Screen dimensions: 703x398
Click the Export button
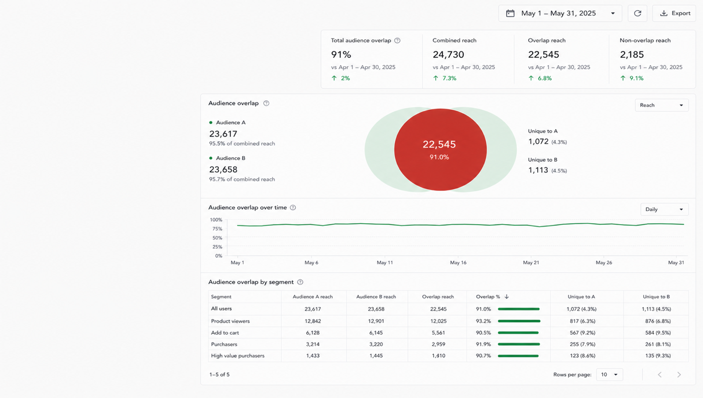click(674, 13)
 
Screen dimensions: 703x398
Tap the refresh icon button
click(637, 13)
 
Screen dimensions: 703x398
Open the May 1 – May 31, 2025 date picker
click(560, 13)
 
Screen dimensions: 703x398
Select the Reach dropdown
click(662, 105)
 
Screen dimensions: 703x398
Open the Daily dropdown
click(664, 209)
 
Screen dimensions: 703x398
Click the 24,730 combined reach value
click(448, 55)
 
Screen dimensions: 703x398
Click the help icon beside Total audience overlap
click(397, 41)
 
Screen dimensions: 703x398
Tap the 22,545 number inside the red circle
click(439, 144)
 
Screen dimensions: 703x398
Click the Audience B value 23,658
click(223, 170)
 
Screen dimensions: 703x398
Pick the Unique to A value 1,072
click(538, 141)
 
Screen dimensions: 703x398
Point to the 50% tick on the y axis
click(217, 238)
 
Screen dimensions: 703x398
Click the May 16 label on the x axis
click(458, 263)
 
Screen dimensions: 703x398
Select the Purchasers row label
click(224, 344)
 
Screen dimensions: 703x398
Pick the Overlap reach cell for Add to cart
click(438, 333)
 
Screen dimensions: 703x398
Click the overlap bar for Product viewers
click(519, 321)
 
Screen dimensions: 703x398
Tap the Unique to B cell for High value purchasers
click(658, 356)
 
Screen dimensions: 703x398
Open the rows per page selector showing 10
click(610, 374)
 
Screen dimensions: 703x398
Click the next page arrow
click(679, 374)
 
